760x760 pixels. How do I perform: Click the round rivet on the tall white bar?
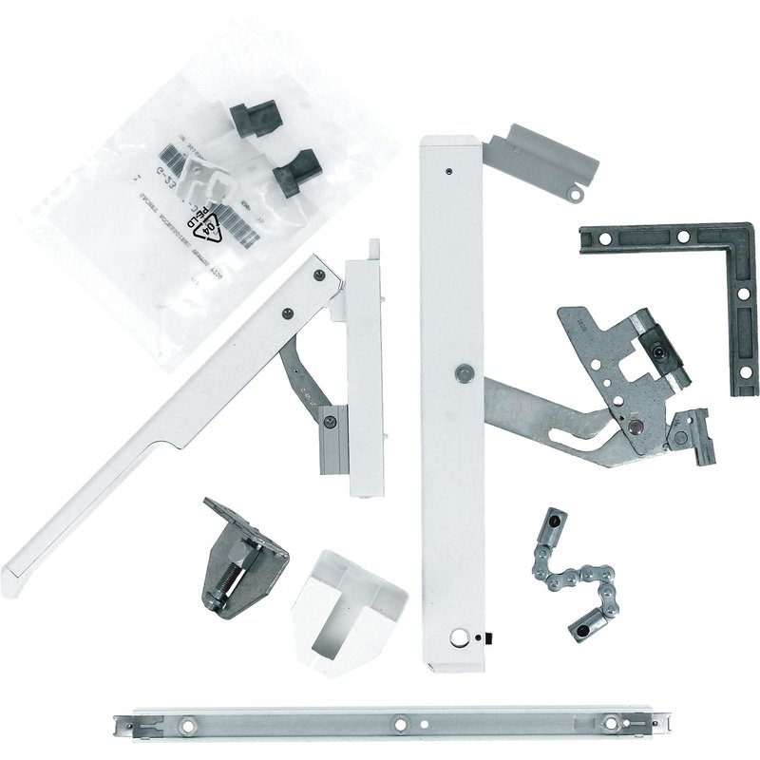(x=463, y=373)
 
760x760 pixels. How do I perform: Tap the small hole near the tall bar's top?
(x=446, y=172)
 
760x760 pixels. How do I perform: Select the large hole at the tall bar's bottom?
(x=463, y=638)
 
